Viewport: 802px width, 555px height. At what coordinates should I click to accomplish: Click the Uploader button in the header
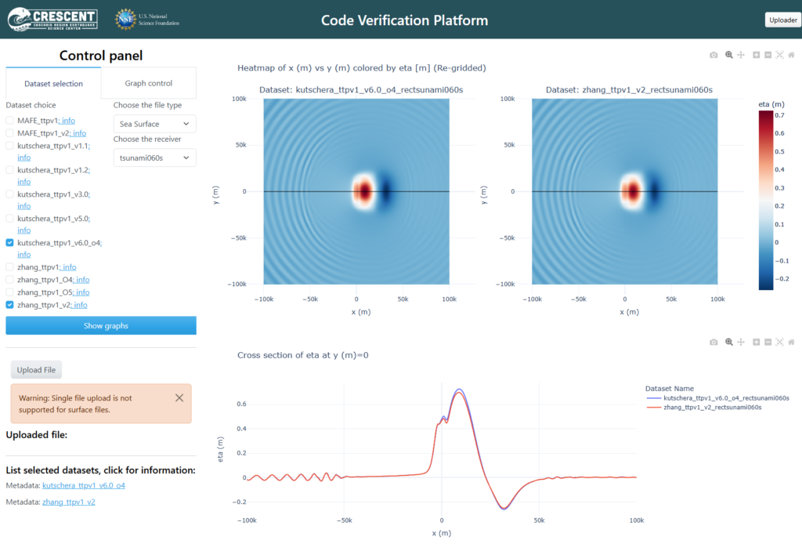point(783,20)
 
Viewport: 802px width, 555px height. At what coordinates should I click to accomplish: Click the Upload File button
point(36,370)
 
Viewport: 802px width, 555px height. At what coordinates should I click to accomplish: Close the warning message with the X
point(179,397)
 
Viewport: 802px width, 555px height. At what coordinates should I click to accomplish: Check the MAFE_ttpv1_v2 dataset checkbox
point(9,133)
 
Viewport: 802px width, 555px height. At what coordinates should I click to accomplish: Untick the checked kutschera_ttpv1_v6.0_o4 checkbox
point(9,243)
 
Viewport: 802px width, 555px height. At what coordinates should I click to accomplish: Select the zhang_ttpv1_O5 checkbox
point(9,292)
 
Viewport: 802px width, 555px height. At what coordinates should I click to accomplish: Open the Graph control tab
point(148,83)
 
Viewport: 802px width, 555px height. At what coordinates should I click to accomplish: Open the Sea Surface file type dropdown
point(154,124)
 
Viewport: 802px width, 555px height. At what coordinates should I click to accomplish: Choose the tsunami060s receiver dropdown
point(154,158)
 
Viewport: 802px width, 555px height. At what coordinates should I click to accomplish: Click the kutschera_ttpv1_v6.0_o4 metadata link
point(83,485)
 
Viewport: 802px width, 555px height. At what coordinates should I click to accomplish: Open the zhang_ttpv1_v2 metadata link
point(69,502)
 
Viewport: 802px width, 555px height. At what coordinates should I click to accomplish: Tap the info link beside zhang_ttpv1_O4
point(82,280)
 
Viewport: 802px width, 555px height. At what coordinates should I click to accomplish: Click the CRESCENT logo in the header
point(52,20)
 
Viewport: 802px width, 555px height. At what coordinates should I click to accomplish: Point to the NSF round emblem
point(125,20)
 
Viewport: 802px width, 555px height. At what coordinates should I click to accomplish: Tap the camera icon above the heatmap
point(713,55)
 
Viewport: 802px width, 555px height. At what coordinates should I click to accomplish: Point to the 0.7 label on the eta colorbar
point(779,115)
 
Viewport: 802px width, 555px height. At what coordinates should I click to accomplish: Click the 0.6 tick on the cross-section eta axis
point(241,404)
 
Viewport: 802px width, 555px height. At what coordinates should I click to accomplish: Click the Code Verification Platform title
point(405,20)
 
